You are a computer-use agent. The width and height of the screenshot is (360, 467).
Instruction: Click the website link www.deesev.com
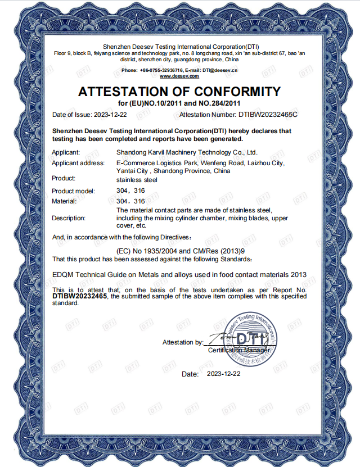pyautogui.click(x=179, y=75)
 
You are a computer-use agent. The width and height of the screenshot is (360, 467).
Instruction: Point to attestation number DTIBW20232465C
pyautogui.click(x=267, y=115)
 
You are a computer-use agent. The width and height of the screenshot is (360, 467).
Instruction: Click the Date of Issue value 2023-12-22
pyautogui.click(x=110, y=115)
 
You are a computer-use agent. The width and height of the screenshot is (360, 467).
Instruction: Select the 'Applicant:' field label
pyautogui.click(x=66, y=152)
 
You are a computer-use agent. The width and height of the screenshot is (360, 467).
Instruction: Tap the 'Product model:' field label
pyautogui.click(x=74, y=192)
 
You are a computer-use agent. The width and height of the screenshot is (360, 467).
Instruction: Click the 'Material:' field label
pyautogui.click(x=64, y=201)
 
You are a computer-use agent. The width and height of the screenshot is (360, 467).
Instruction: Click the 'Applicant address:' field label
pyautogui.click(x=78, y=163)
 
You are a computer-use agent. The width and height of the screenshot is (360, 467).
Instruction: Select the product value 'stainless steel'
pyautogui.click(x=137, y=180)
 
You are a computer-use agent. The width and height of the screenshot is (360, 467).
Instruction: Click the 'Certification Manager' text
pyautogui.click(x=239, y=351)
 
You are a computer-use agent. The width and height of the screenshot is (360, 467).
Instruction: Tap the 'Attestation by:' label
pyautogui.click(x=183, y=342)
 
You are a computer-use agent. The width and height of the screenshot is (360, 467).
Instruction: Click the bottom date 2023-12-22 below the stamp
pyautogui.click(x=223, y=373)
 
